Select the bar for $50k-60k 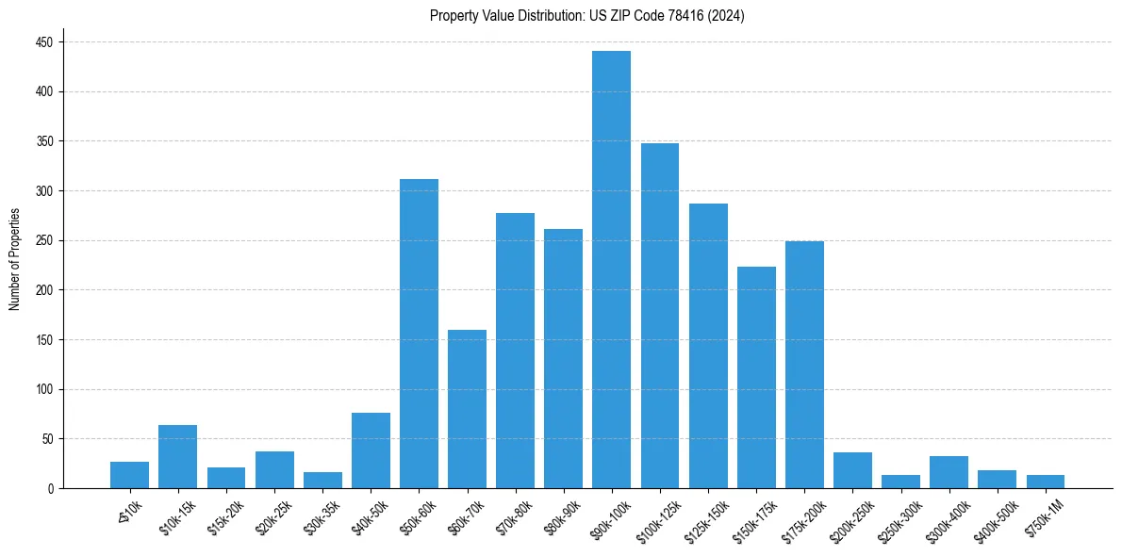[x=419, y=334]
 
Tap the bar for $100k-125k [x=659, y=316]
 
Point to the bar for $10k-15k [x=177, y=457]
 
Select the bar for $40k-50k [x=371, y=450]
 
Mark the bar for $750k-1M [x=1045, y=482]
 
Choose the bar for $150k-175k [x=756, y=377]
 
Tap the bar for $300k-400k [x=949, y=472]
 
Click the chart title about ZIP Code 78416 [x=586, y=16]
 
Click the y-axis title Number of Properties [x=15, y=258]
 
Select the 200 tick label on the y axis [x=44, y=191]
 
